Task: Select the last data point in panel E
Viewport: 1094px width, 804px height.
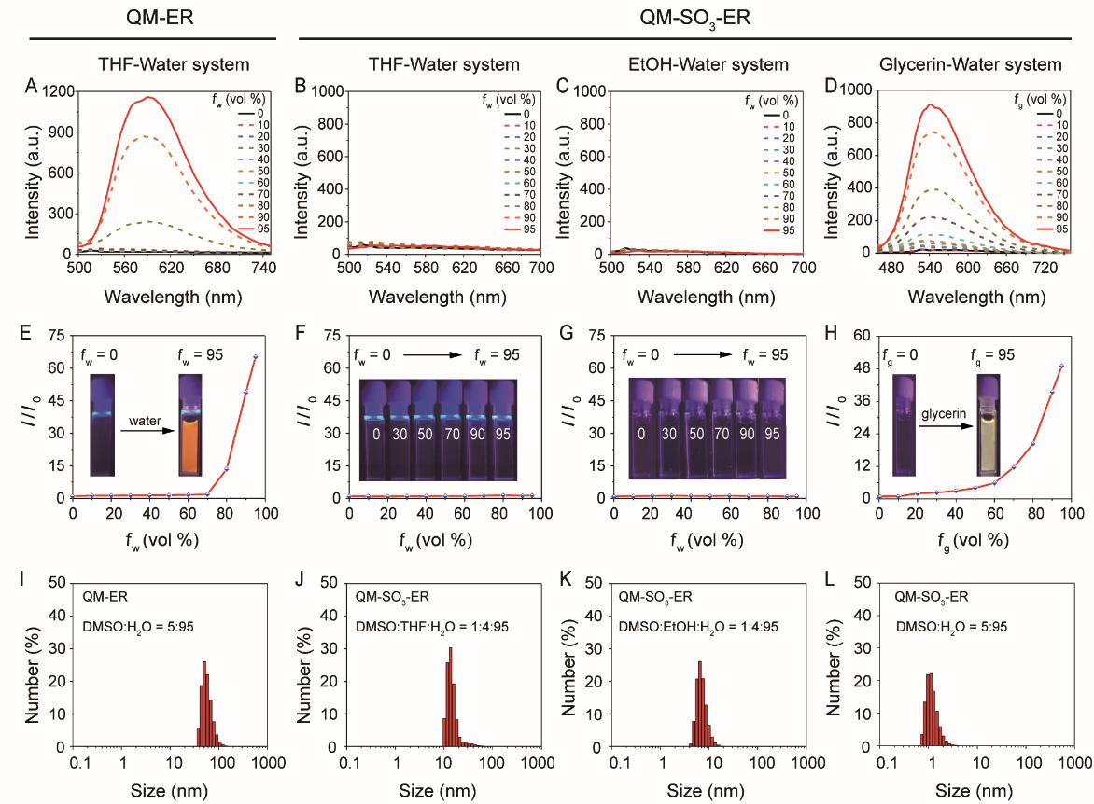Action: point(256,356)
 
